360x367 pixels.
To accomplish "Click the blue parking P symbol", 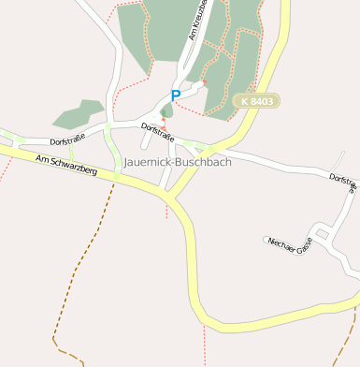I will click(175, 95).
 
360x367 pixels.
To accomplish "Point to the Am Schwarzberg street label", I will click(65, 166).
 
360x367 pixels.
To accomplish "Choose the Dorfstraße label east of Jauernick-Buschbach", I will click(343, 182).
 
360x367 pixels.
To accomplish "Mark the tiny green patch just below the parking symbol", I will click(167, 110).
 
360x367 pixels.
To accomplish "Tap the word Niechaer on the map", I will click(280, 243).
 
